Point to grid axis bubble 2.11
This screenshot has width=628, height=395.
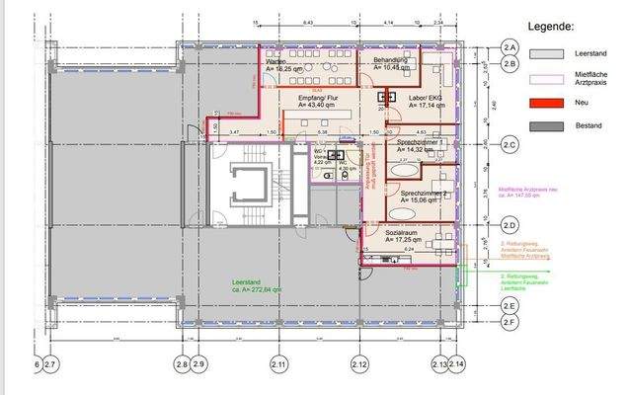click(x=279, y=365)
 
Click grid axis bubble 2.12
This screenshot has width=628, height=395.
click(x=359, y=365)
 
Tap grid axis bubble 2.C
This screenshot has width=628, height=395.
click(x=510, y=145)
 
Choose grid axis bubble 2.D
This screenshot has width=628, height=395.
click(x=510, y=225)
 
